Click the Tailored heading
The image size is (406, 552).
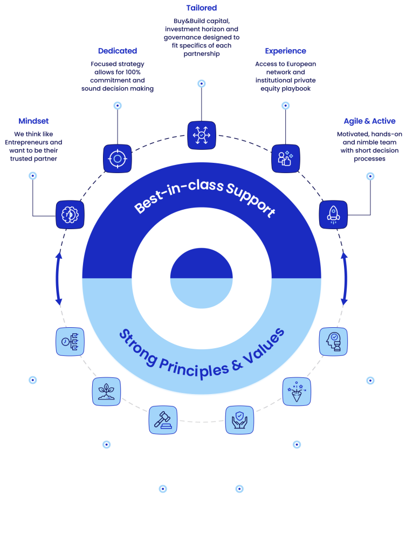click(202, 8)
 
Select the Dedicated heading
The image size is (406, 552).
click(118, 51)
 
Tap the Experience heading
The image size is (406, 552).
click(285, 51)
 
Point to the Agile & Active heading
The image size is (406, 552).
click(369, 121)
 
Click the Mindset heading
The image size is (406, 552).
click(33, 121)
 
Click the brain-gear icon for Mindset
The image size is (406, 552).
click(70, 214)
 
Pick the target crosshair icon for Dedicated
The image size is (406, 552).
click(117, 158)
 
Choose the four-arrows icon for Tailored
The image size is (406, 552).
click(202, 135)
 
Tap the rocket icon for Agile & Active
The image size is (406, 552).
click(333, 215)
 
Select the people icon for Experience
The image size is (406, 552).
click(285, 158)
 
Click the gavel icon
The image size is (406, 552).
click(163, 419)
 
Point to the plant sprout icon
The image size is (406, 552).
click(106, 391)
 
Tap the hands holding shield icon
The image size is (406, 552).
click(239, 419)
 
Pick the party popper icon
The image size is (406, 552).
click(297, 391)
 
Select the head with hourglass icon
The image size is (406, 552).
click(333, 341)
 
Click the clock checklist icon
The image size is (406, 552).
click(70, 341)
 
